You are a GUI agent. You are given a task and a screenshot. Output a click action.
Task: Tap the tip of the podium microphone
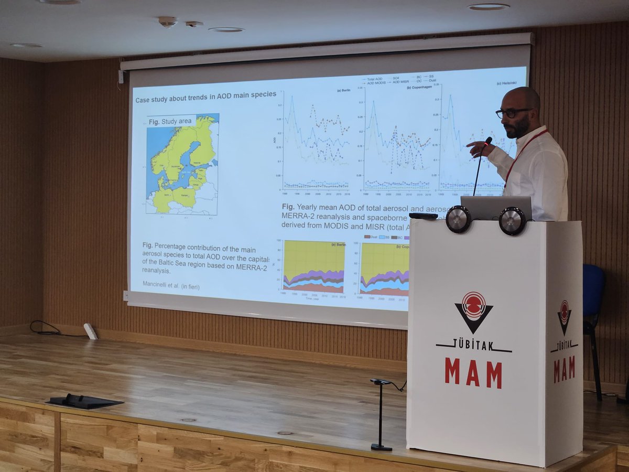489,140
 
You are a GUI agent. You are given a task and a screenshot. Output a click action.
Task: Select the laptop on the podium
495,208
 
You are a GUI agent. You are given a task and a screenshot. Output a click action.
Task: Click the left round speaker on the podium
458,219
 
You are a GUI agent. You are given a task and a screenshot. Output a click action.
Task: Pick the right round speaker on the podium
512,220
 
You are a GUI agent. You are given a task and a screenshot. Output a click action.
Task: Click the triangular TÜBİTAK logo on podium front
473,312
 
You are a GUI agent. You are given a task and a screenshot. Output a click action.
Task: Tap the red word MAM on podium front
473,372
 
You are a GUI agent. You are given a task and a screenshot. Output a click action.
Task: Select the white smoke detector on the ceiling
167,22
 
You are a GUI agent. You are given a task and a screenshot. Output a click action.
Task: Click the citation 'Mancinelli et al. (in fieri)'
171,286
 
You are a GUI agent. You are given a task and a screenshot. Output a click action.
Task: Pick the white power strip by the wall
90,331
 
